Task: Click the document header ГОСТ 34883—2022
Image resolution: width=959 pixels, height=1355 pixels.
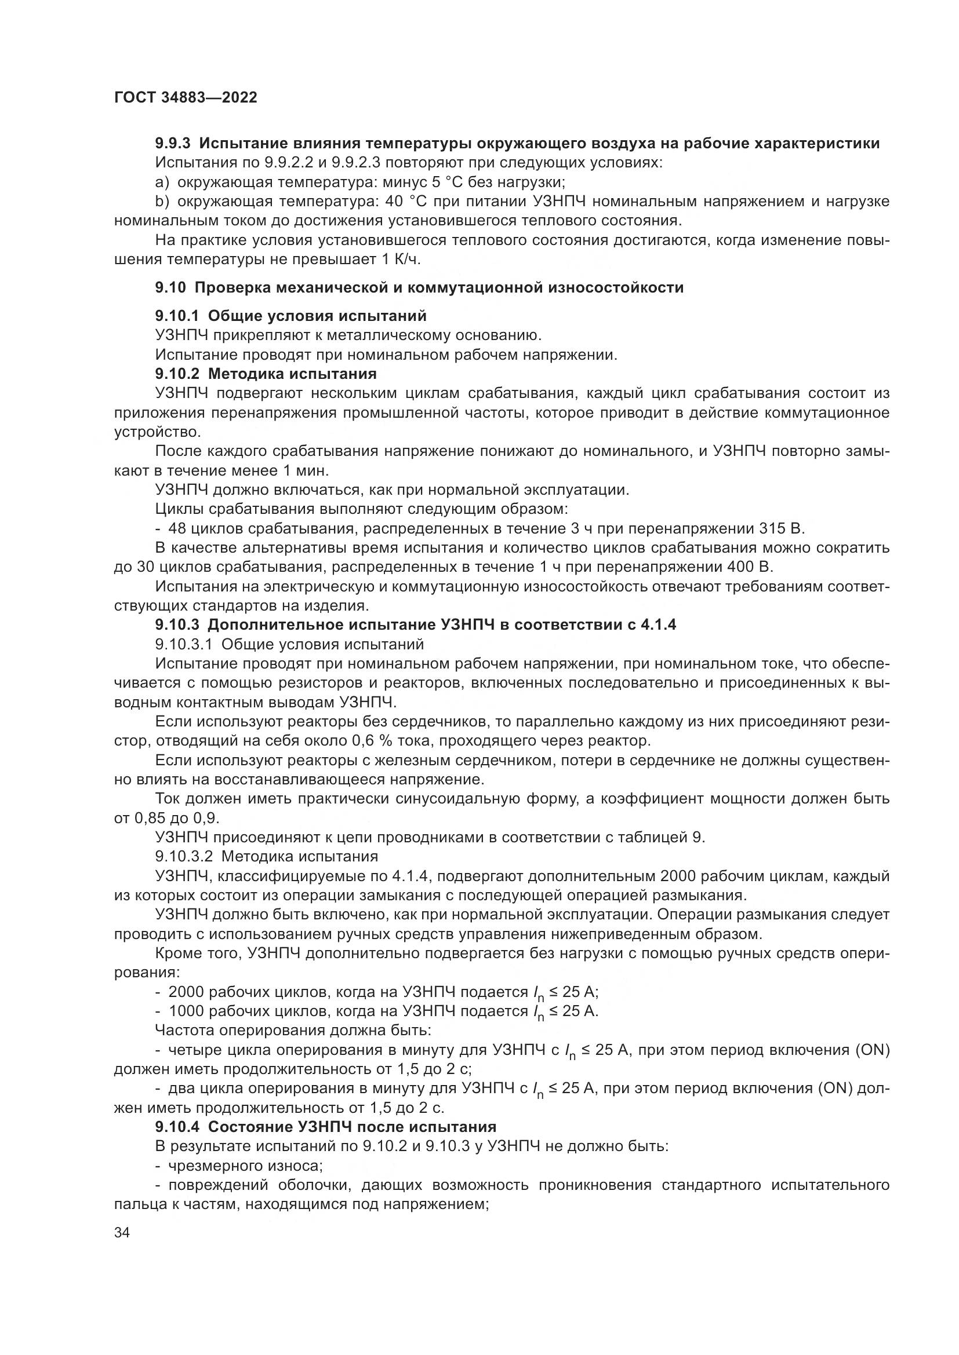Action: [186, 98]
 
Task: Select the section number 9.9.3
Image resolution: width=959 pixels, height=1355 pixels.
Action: [172, 144]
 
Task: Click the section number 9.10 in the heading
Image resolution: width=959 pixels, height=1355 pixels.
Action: [170, 288]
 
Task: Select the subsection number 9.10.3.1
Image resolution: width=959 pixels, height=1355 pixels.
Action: [184, 644]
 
